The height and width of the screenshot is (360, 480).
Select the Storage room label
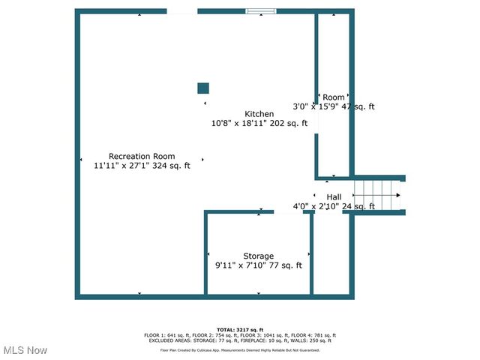[x=258, y=256]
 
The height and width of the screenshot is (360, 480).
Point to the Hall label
[x=334, y=197]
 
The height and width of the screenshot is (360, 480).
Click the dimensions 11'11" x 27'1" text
[x=120, y=166]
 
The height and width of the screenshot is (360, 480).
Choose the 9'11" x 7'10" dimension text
[x=237, y=265]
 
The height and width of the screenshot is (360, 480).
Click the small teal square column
[x=202, y=88]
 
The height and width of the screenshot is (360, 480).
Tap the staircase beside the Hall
[x=379, y=196]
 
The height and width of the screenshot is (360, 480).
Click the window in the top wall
[x=260, y=11]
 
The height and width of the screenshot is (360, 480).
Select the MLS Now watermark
[x=25, y=350]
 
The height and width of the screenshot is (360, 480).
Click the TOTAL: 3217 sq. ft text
[x=240, y=330]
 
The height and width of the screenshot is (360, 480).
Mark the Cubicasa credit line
[x=240, y=349]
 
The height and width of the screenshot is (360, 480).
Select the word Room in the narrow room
[x=334, y=97]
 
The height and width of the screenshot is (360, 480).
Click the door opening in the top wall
[x=181, y=11]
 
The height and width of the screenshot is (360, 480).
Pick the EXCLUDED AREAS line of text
[x=240, y=340]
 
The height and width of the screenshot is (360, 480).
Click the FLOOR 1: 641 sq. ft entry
[x=164, y=335]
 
